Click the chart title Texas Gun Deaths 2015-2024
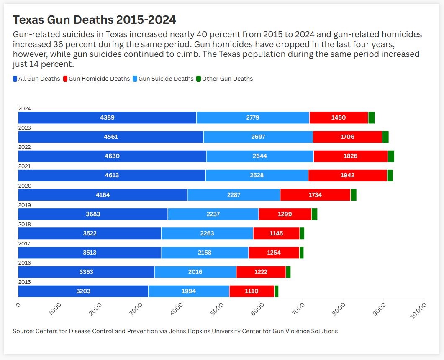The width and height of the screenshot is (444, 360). coord(95,20)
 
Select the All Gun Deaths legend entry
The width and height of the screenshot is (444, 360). coord(36,79)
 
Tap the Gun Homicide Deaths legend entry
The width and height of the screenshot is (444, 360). coord(96,79)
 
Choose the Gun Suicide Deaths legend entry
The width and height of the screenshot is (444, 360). coord(163,79)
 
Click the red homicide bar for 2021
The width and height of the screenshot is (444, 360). coord(347,176)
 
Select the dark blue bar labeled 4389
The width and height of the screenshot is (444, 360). coord(107,118)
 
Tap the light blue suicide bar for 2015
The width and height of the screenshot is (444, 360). coord(189,291)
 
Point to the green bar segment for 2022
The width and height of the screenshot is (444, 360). coord(391,156)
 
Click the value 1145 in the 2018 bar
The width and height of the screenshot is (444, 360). coord(276,233)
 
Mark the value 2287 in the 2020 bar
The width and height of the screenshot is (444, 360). coord(234,195)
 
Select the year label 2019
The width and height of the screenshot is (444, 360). coord(25,205)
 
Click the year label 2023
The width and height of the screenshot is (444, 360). coord(25,128)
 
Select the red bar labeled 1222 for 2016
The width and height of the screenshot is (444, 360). coord(261,272)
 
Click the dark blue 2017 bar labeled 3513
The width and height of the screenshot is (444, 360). coord(90,253)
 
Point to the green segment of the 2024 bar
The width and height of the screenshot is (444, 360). coord(371,118)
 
